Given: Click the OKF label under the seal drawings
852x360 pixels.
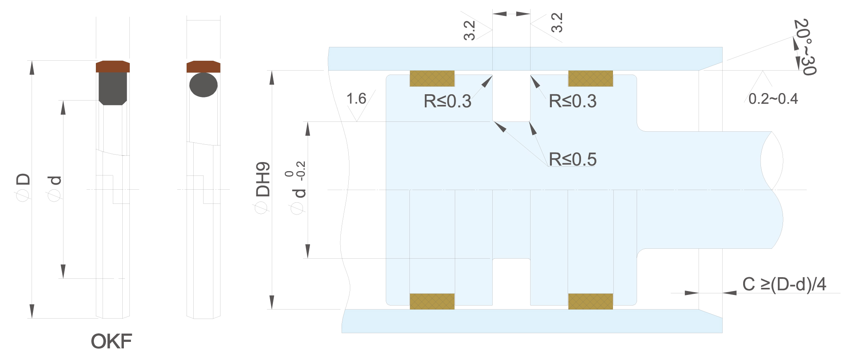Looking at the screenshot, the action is tap(111, 341).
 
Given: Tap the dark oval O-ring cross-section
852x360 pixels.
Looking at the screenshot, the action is tap(204, 85).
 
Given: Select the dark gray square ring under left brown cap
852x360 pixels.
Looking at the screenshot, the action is tap(113, 89).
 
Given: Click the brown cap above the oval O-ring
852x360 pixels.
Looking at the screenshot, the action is tap(204, 67).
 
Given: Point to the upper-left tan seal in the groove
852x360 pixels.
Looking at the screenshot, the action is tap(432, 78).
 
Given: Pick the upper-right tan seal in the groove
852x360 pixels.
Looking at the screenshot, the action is tap(590, 78).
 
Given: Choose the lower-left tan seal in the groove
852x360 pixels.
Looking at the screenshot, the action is tap(432, 301).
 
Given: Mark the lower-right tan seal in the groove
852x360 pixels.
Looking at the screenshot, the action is tap(590, 301).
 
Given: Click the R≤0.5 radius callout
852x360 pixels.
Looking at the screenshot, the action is tap(573, 160).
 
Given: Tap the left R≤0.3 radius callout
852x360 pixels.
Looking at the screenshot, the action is tap(448, 101).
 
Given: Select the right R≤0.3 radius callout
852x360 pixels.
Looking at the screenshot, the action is tap(573, 101).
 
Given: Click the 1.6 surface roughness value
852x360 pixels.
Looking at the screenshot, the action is tap(356, 99).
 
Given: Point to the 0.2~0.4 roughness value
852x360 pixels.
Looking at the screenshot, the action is tap(773, 99).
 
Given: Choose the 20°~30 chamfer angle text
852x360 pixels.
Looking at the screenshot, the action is tap(805, 47).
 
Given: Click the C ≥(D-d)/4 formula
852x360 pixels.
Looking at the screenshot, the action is tap(784, 284).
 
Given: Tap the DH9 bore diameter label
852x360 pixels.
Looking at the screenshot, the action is tap(263, 179).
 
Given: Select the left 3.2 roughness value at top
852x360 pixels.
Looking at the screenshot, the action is tap(469, 30).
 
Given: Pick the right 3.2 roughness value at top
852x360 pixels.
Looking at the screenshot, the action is tap(557, 22).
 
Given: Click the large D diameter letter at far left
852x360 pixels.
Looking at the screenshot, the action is tap(23, 179).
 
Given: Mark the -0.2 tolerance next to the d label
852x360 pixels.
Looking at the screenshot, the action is tap(301, 171).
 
